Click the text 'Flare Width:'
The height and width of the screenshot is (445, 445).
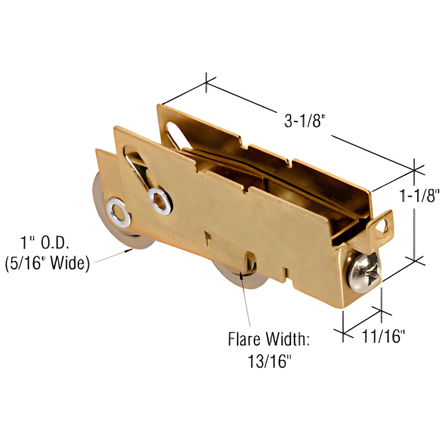(269, 339)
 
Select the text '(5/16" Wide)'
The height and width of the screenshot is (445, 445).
(47, 264)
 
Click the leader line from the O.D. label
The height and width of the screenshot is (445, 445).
(112, 256)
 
